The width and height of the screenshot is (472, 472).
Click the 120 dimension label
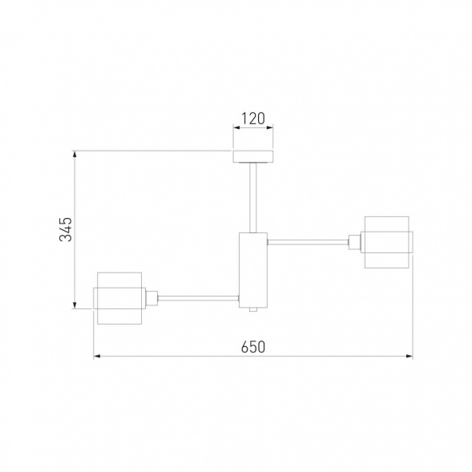[253, 119]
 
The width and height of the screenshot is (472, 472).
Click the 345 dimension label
[66, 229]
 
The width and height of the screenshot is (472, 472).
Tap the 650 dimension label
[253, 347]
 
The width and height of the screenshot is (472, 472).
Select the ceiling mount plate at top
[253, 156]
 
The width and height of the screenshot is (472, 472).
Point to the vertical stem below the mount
[253, 197]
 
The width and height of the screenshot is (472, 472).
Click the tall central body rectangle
[253, 270]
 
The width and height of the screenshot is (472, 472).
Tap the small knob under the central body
[253, 309]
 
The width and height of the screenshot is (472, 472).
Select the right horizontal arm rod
[308, 241]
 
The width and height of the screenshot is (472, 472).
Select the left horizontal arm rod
[199, 298]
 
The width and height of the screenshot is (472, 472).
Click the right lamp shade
[389, 242]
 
